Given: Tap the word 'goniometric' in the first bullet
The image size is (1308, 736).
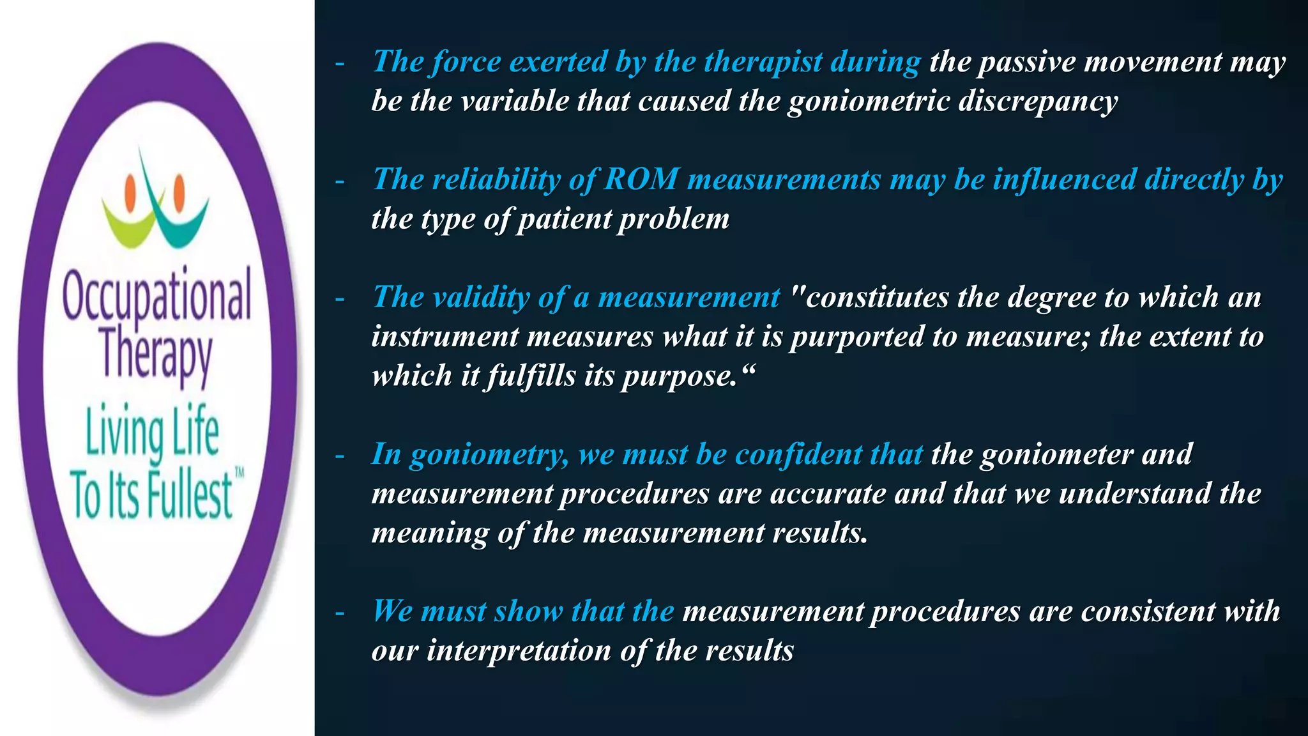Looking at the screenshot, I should pos(869,101).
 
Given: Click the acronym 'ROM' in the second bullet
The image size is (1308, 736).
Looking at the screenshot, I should pos(641,180).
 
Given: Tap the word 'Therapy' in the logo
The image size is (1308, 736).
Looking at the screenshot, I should pos(156,355).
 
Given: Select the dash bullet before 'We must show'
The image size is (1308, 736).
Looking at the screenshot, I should pos(340,613).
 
